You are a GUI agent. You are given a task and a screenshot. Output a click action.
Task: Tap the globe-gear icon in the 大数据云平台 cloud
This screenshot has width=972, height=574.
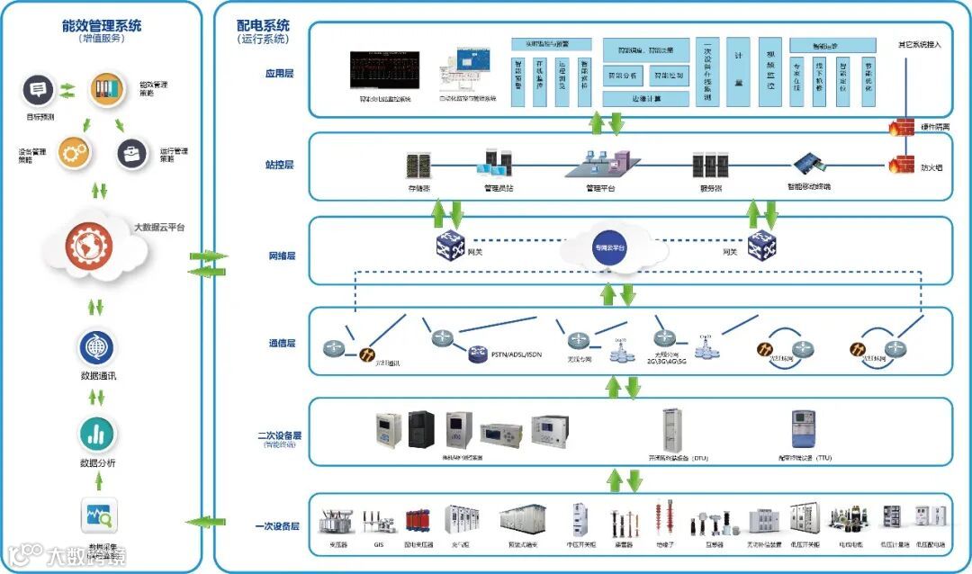tap(87, 246)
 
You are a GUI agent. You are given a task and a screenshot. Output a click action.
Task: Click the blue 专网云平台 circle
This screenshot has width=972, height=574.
tap(609, 247)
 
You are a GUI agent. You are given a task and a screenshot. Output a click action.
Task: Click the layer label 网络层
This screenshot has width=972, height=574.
tap(283, 256)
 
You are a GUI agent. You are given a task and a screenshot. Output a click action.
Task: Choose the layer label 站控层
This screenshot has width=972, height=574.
tap(283, 166)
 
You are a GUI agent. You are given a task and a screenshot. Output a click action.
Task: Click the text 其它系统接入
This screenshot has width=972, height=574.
tap(919, 44)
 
